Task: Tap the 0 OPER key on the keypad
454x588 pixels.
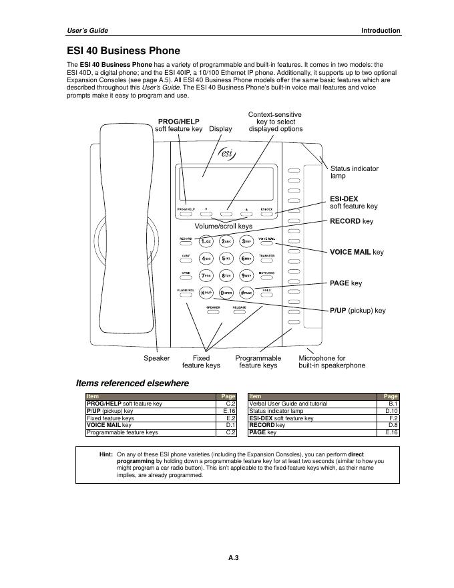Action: click(x=226, y=292)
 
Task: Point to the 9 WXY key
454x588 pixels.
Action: click(x=246, y=275)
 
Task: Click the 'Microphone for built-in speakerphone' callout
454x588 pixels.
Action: click(x=332, y=361)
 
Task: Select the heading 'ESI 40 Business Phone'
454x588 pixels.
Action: click(x=124, y=51)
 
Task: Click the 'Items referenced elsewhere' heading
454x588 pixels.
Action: click(x=132, y=384)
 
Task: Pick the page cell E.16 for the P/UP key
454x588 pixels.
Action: click(x=230, y=411)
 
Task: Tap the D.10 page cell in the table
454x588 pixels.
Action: click(x=392, y=411)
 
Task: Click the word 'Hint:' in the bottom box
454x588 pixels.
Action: click(x=105, y=454)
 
